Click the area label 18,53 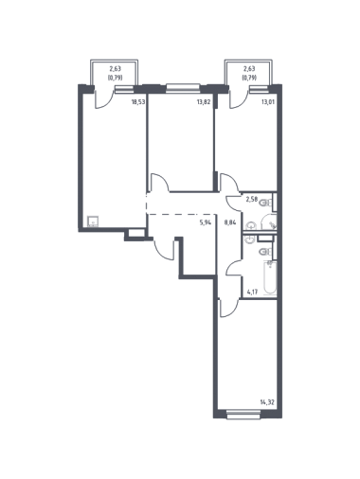(138, 102)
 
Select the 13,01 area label (267, 102)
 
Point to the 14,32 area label (267, 402)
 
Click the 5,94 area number (205, 222)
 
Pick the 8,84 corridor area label (230, 222)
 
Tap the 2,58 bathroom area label (252, 199)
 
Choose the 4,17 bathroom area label (253, 292)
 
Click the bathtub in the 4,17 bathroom (270, 276)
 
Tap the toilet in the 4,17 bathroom (265, 252)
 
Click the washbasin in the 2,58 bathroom (251, 225)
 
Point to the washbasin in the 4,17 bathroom (250, 239)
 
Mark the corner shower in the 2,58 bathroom (269, 222)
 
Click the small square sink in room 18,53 (93, 222)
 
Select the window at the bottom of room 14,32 (243, 415)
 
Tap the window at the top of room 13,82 (183, 88)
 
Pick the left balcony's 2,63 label (115, 68)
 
